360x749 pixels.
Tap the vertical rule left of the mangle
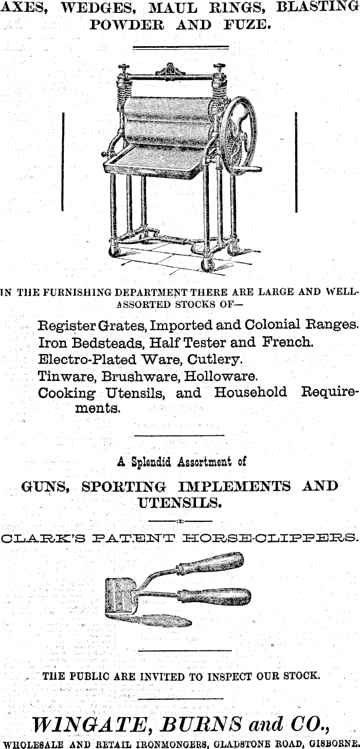(62, 161)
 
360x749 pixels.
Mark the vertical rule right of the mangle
(297, 161)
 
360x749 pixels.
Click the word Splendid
(151, 462)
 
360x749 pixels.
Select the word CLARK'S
(35, 539)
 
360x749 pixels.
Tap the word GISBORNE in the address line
(331, 743)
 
